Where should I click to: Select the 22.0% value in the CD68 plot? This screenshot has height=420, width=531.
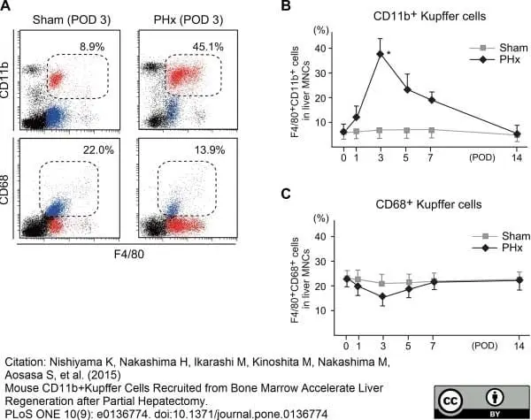point(98,149)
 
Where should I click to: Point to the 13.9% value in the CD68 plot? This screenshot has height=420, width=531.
point(210,149)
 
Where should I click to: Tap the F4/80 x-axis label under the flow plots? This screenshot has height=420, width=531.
point(128,254)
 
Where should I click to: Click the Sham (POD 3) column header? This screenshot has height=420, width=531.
point(72,20)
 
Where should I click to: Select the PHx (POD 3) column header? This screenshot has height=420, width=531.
point(189,20)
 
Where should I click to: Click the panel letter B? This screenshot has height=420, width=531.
point(286,5)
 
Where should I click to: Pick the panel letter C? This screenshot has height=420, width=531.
point(286,194)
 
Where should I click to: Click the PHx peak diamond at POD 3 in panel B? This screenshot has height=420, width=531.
point(381,54)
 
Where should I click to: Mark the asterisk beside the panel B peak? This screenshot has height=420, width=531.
point(389,53)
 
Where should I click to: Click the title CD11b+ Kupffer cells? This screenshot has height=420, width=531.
point(429,16)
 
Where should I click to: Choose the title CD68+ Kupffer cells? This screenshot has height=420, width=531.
point(428,204)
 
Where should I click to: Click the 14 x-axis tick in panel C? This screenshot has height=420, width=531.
point(519,346)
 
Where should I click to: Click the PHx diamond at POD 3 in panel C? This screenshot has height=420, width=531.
point(383,297)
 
